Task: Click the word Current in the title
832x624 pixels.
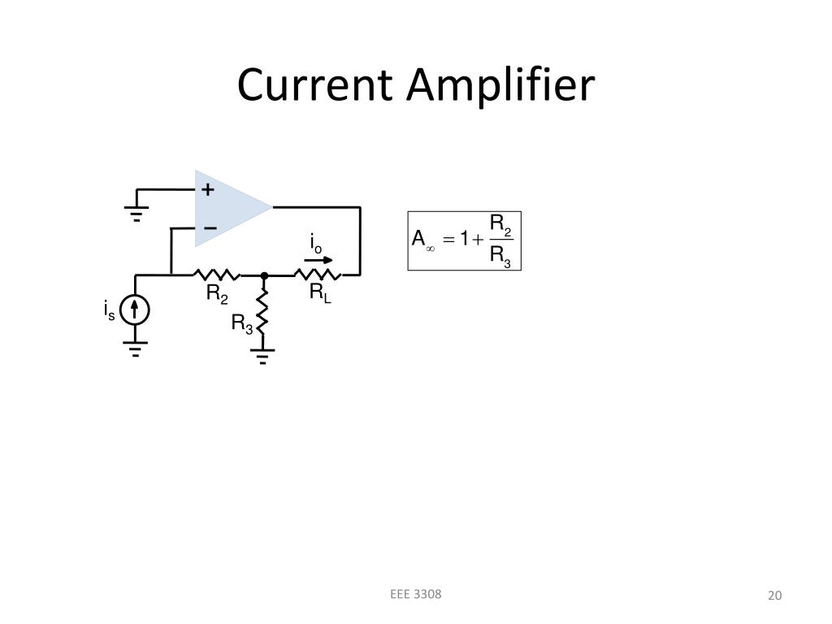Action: [x=316, y=85]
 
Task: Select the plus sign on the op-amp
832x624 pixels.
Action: [x=208, y=190]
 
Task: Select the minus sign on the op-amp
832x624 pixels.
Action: [x=210, y=228]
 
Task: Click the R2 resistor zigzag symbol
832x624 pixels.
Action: [x=216, y=275]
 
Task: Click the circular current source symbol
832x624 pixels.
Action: [x=135, y=310]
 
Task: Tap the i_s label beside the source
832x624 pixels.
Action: [x=109, y=310]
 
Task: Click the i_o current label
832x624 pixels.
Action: [x=315, y=243]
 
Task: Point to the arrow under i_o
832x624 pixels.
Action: [x=313, y=260]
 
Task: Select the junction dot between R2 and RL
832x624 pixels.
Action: [x=263, y=276]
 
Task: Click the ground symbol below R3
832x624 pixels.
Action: [x=262, y=355]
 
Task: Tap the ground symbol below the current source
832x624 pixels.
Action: [x=135, y=349]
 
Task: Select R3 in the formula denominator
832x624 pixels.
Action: [x=500, y=257]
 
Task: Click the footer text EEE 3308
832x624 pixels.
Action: [x=415, y=594]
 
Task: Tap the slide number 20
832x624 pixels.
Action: [x=774, y=596]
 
